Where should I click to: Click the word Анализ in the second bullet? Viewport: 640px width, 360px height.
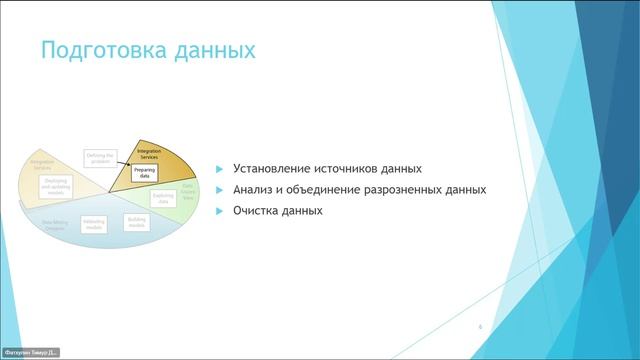click(254, 190)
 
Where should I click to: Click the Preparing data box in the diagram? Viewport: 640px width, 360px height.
click(146, 172)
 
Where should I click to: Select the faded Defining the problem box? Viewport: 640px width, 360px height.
click(101, 159)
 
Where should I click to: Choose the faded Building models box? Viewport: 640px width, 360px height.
click(137, 221)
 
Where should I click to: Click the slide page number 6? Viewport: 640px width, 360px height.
click(481, 327)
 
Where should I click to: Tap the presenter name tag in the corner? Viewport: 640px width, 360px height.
click(31, 352)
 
